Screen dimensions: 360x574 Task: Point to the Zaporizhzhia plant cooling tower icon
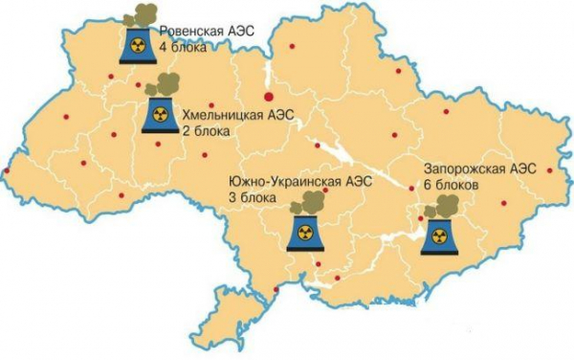438,233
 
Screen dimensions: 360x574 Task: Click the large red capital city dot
270,96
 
